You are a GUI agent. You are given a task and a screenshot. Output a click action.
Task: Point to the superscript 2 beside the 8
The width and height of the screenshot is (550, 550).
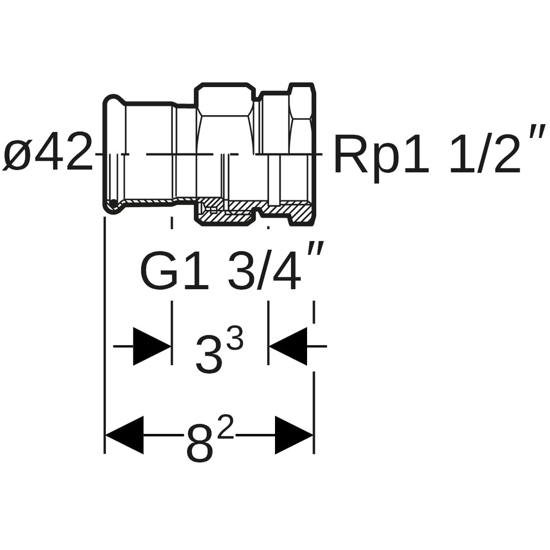coord(225,427)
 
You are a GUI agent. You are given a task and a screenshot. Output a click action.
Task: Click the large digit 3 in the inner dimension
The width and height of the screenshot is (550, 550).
coord(209,355)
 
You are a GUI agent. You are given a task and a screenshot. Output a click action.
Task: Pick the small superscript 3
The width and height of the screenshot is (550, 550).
coord(235,338)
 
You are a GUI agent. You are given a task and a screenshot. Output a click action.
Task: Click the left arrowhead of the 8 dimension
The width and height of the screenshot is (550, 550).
coord(125,435)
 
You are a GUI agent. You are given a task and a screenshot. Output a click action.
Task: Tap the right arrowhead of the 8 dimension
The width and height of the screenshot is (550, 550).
coord(293,435)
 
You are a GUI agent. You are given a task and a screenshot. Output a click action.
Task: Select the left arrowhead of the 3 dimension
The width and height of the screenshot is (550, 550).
coord(151,346)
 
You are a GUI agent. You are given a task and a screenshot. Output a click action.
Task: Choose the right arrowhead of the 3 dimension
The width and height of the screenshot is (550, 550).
coord(288,346)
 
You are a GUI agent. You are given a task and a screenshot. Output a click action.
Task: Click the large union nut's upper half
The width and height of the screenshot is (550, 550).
coord(224,117)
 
